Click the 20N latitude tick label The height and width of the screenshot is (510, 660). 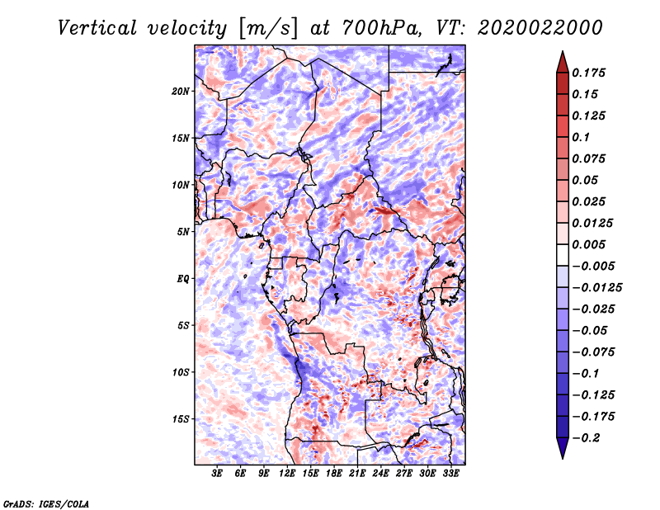tap(181, 92)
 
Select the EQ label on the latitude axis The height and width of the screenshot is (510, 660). tap(183, 279)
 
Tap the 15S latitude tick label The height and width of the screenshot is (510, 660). tap(181, 419)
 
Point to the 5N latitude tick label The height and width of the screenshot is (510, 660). tap(183, 232)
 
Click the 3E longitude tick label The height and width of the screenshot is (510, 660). tap(217, 473)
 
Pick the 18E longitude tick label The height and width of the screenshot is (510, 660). tap(334, 473)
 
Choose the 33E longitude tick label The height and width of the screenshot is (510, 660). tap(450, 473)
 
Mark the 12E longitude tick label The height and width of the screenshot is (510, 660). tap(287, 473)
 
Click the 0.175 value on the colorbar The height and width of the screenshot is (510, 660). tap(588, 73)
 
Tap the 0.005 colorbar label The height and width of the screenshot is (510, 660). tap(588, 244)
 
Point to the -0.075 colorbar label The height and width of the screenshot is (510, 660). tap(593, 352)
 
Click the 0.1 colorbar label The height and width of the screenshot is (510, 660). tap(581, 137)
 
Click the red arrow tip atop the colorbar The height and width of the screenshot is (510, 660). tap(563, 51)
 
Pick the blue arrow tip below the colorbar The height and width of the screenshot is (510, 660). tap(563, 458)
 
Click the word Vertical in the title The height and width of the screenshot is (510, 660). tap(97, 28)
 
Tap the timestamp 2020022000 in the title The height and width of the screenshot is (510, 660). tap(540, 28)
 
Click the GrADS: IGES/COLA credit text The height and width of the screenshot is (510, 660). tap(46, 504)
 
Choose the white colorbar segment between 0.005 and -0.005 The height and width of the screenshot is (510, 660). tap(563, 255)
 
